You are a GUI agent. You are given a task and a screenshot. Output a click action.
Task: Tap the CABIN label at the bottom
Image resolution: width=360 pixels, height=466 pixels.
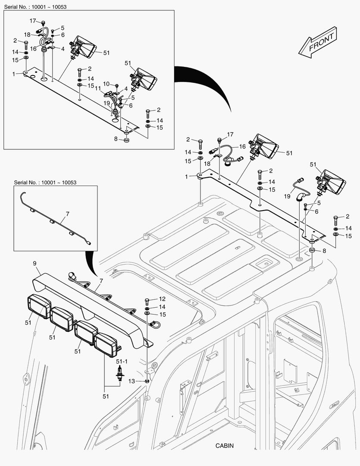coord(225,446)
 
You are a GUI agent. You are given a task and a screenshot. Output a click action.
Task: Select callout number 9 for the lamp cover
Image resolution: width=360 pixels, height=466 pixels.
coord(34,263)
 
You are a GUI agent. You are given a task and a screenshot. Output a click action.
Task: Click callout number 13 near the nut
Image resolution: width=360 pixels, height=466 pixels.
coord(132,381)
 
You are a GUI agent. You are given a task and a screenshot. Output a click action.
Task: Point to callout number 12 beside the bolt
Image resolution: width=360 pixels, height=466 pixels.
coord(162,299)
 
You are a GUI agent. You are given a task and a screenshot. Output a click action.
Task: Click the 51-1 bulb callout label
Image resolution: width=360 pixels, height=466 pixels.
coord(121,361)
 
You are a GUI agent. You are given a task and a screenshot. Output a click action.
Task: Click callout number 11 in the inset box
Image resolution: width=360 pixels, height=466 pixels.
coord(97,88)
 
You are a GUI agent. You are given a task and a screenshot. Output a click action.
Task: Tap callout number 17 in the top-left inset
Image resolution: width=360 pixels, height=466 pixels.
coord(33,21)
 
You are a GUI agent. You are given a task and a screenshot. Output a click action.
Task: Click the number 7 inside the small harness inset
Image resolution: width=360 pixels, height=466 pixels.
coord(67,214)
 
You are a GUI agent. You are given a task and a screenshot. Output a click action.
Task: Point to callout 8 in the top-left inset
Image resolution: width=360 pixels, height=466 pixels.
coord(116,139)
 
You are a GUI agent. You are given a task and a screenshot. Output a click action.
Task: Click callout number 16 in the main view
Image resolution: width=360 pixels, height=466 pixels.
coord(242,147)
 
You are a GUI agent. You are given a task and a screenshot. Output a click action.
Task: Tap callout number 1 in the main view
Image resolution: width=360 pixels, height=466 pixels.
coord(187,176)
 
